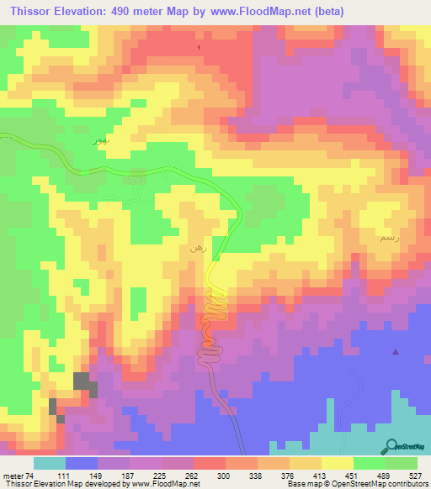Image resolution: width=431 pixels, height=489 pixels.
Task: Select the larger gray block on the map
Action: click(84, 383)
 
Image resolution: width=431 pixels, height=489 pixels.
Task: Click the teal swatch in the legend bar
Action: click(49, 463)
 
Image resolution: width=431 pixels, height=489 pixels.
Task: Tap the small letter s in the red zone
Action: click(199, 47)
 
